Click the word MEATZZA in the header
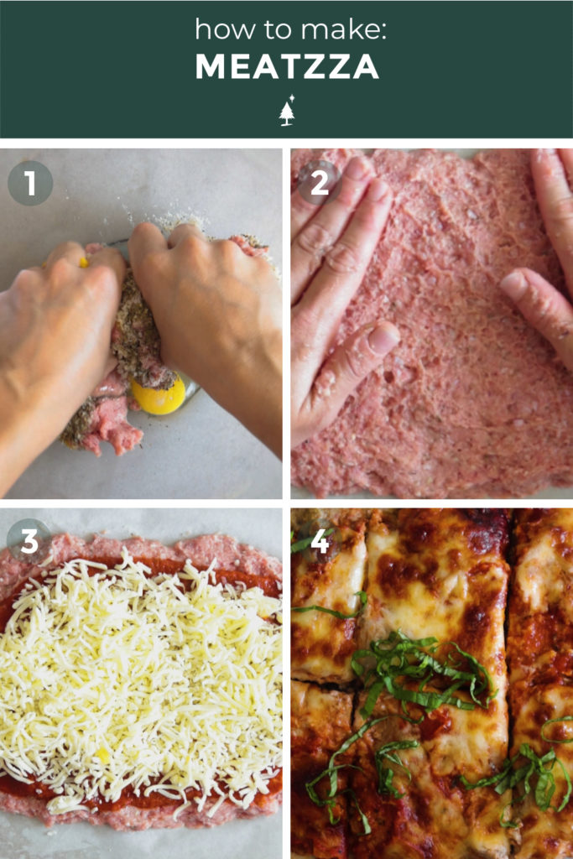[286, 68]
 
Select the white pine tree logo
[287, 111]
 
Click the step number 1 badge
[30, 184]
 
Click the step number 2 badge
[320, 183]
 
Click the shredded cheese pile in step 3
[143, 671]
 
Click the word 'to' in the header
[273, 30]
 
